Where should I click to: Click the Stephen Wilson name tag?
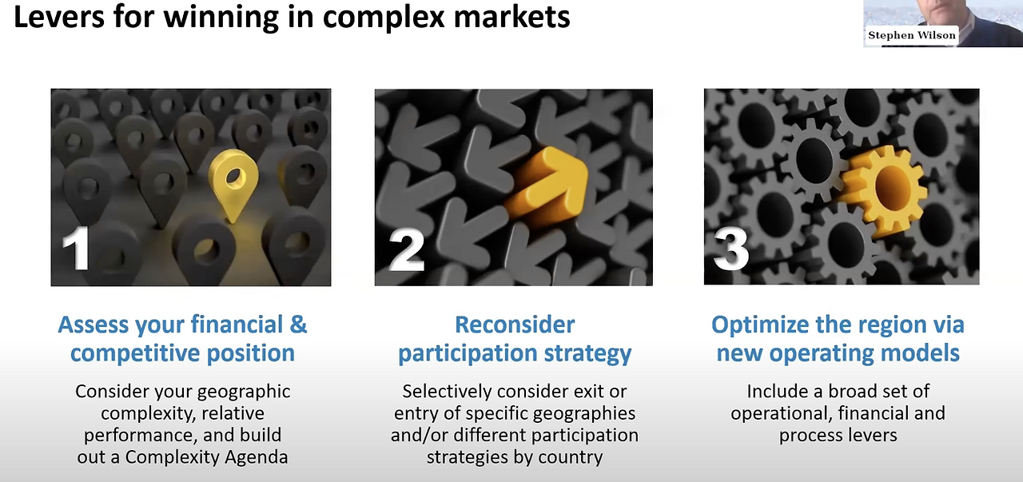pyautogui.click(x=911, y=35)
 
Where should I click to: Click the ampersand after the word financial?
pyautogui.click(x=298, y=325)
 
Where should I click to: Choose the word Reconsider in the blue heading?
pyautogui.click(x=515, y=325)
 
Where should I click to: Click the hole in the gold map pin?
pyautogui.click(x=235, y=173)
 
